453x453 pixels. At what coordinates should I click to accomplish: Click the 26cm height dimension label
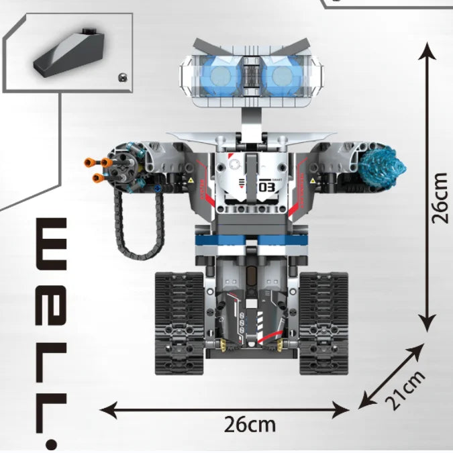[x=440, y=198]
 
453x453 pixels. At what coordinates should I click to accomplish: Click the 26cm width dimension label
[x=250, y=425]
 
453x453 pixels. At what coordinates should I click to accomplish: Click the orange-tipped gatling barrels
[x=97, y=168]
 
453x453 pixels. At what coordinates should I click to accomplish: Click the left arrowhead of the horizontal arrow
[x=107, y=408]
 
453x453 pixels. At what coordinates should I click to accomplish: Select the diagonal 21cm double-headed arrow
[x=391, y=376]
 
